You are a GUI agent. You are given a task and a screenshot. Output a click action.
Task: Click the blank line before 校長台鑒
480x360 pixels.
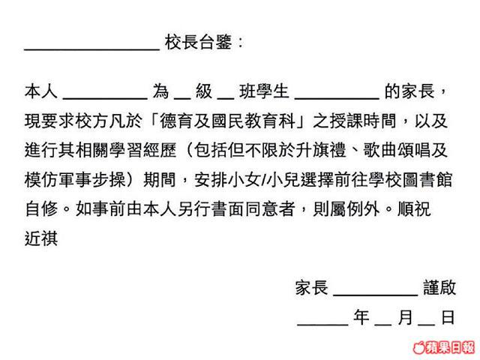coord(91,49)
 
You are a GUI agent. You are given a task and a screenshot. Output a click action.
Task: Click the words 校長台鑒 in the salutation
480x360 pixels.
coord(198,42)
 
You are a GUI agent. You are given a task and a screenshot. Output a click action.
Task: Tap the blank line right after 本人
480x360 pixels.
coord(105,98)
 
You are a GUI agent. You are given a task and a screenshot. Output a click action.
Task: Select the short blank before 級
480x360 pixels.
coord(182,98)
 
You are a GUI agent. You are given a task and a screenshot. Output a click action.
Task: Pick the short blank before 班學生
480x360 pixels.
coord(226,98)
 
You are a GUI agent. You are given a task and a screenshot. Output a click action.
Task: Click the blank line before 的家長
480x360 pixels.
coord(337,98)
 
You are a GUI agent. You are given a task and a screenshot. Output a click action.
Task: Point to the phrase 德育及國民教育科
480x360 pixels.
coord(227,121)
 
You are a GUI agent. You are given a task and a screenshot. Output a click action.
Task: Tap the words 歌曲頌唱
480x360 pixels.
coord(397,150)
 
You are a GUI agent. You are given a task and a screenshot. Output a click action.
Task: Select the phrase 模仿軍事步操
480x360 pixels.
coord(75,180)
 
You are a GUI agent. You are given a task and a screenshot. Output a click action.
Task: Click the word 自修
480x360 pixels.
coord(41,209)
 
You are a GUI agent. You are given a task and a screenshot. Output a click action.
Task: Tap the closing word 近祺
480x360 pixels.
coord(41,238)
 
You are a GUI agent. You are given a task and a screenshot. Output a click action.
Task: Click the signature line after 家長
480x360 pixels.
coord(375,295)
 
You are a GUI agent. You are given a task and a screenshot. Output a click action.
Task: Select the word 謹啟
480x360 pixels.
coord(439,287)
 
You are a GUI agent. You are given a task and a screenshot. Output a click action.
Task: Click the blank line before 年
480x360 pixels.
coord(322,324)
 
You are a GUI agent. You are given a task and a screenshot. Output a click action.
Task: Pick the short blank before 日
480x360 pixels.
coord(427,324)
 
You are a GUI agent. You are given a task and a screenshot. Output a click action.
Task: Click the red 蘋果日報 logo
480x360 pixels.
coord(444,348)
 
